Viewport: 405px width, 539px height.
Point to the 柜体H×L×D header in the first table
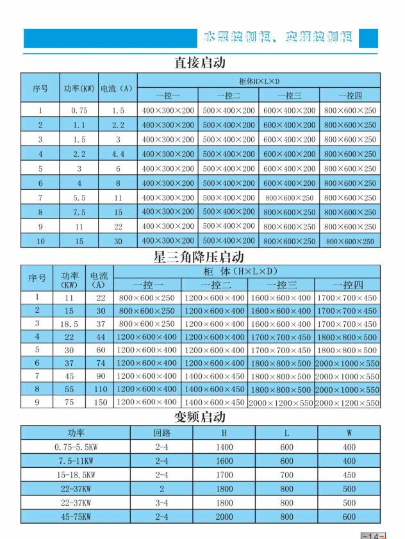(259, 81)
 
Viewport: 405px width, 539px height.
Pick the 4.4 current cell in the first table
(118, 154)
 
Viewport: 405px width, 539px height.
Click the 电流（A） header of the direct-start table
(118, 88)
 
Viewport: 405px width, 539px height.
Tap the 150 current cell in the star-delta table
(101, 402)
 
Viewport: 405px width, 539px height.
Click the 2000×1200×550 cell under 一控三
(280, 403)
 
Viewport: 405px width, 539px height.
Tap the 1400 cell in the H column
(224, 447)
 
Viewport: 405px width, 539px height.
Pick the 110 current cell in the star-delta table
(101, 389)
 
